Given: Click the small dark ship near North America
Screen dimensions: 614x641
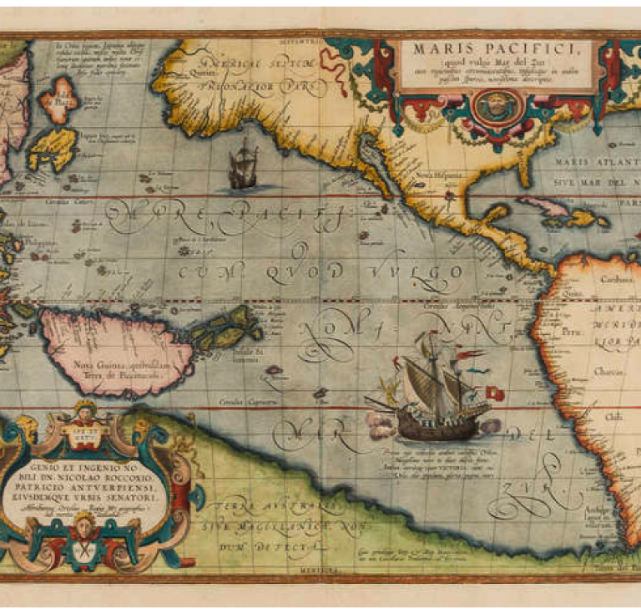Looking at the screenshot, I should pyautogui.click(x=242, y=165).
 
